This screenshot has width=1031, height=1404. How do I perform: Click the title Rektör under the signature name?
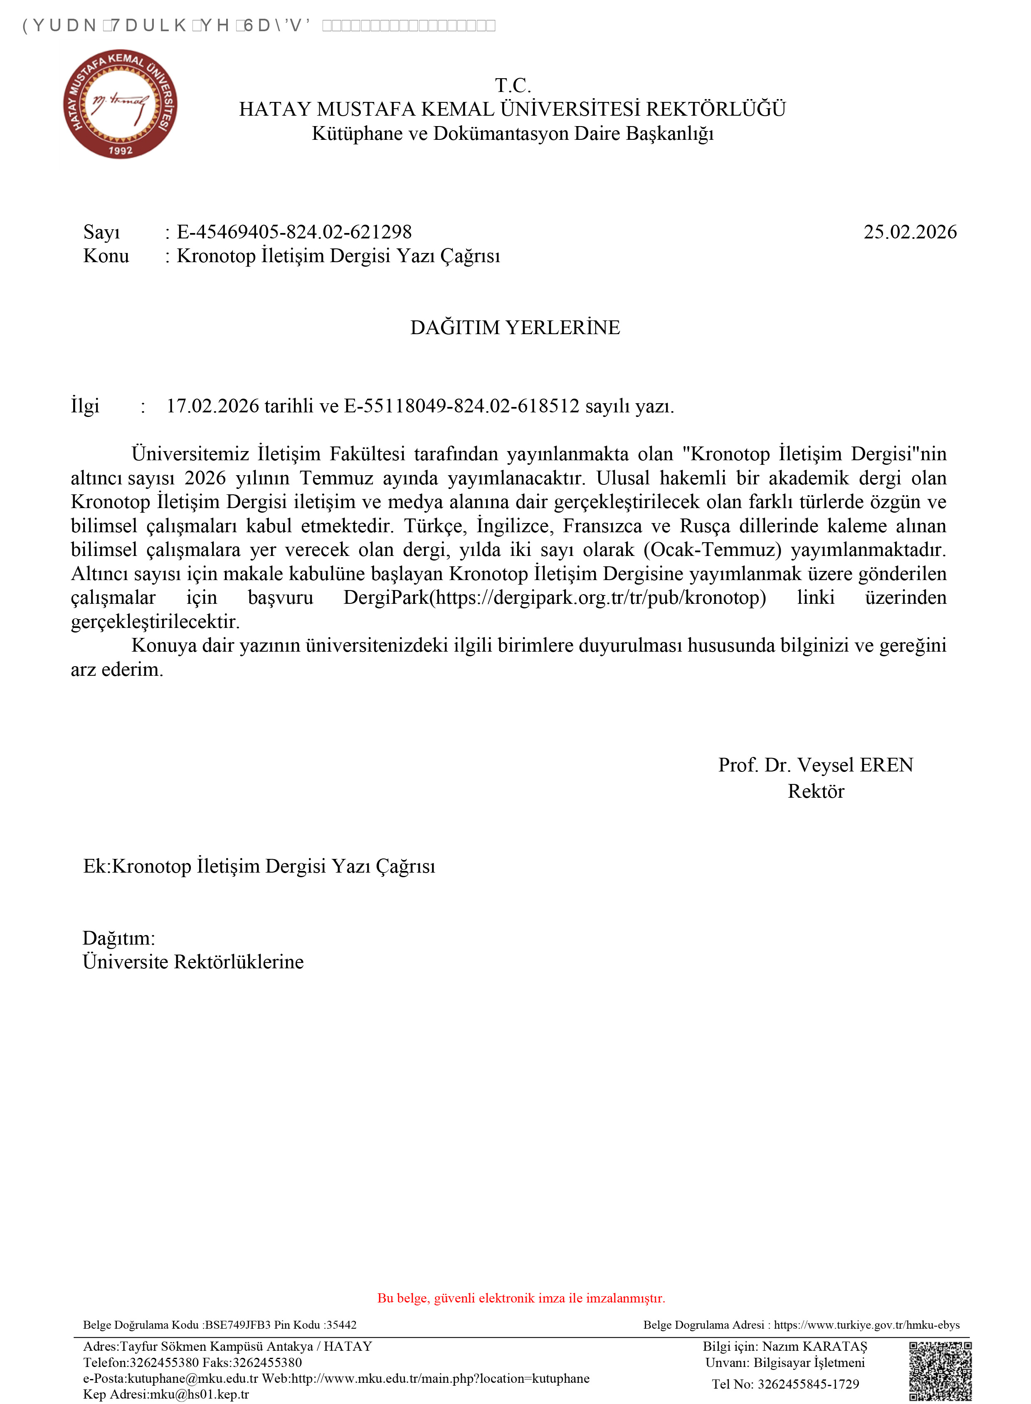816,791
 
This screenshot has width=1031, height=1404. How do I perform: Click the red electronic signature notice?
521,1298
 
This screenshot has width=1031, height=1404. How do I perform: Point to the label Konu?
106,256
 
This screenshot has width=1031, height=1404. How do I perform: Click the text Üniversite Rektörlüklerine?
193,962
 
